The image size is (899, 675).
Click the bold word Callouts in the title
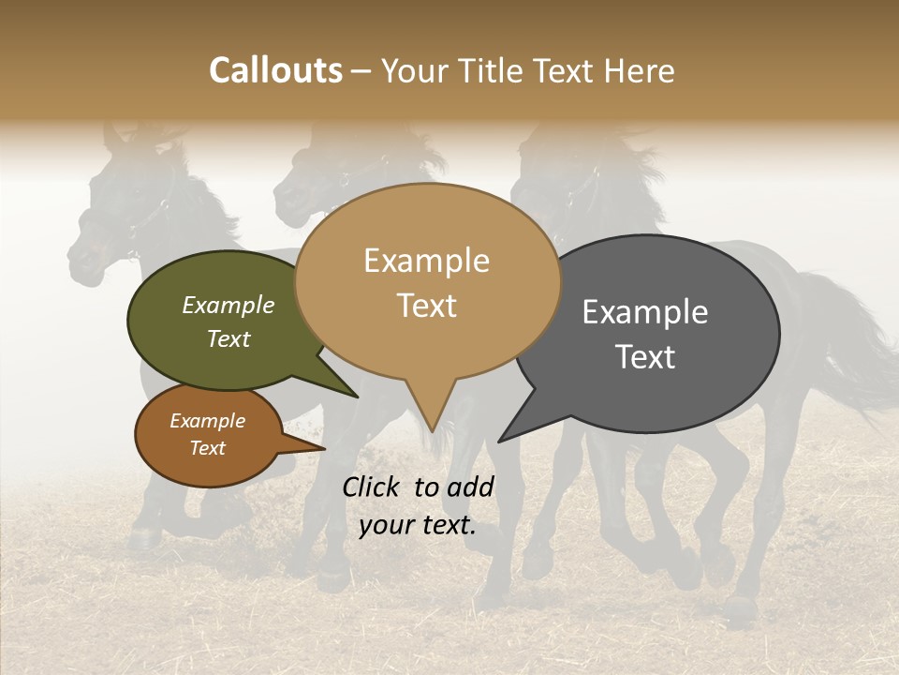click(x=275, y=70)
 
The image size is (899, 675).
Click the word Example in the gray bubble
click(x=645, y=312)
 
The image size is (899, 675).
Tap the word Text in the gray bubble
click(x=645, y=357)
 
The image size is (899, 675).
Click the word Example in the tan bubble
click(x=427, y=261)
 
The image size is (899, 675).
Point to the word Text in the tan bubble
click(x=427, y=306)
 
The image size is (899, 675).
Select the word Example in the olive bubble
click(x=228, y=305)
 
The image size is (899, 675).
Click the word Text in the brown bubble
click(x=208, y=448)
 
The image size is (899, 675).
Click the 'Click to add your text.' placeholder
click(x=418, y=506)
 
